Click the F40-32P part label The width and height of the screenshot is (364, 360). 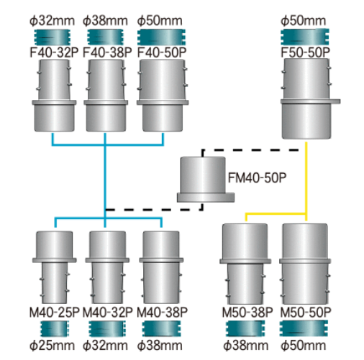pos(54,52)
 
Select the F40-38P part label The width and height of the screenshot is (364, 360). pos(107,52)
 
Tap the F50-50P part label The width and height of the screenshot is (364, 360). pos(305,52)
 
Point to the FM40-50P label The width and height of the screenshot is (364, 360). pos(257,177)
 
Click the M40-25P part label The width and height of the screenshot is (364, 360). pos(54,313)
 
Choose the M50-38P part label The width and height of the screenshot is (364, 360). pos(247,313)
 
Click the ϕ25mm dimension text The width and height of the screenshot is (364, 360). pos(52,346)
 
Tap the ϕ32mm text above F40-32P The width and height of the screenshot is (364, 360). pos(52,21)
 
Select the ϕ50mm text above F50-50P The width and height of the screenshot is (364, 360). pos(304,21)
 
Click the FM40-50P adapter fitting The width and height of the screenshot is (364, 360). pos(206,180)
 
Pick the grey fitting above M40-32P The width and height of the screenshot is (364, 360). pos(107,267)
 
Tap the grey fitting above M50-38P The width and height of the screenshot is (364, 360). pos(245,264)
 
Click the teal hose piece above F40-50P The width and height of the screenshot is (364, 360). pos(161,37)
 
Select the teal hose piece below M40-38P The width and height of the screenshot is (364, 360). pos(162,328)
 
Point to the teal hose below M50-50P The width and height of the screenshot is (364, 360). pos(304,328)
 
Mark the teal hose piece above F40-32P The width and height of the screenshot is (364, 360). pos(53,37)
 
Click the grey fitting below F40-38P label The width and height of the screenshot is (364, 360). pos(106,96)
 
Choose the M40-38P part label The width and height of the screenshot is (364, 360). pos(162,313)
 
